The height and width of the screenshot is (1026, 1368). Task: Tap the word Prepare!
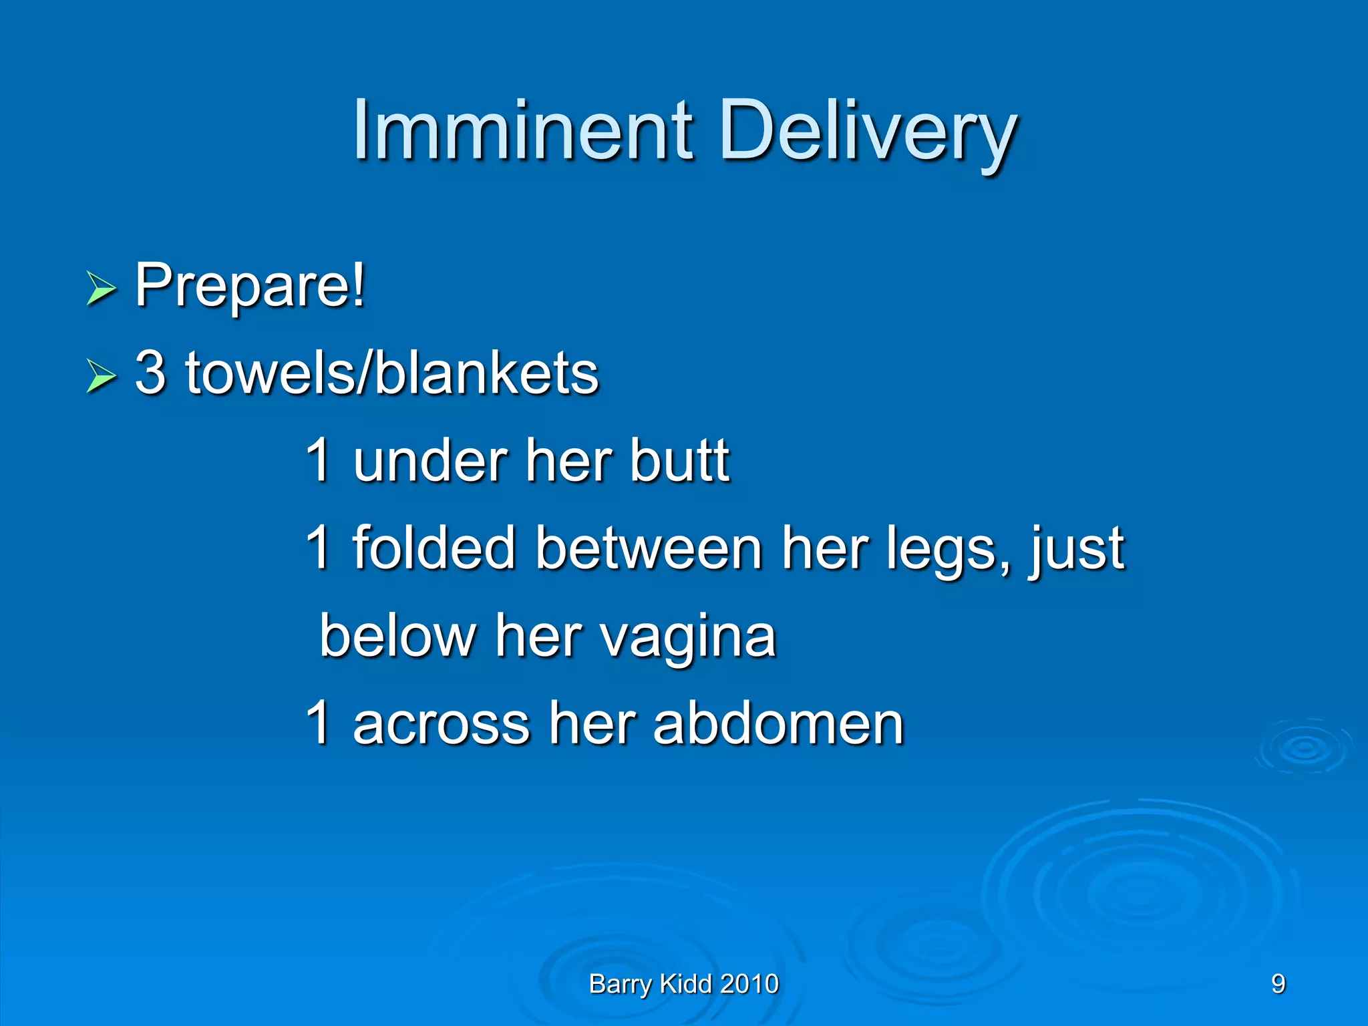pos(250,286)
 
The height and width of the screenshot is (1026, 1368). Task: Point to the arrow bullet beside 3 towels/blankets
pos(101,377)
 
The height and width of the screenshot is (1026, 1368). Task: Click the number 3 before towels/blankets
pos(150,373)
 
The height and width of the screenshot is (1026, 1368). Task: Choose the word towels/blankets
pos(392,373)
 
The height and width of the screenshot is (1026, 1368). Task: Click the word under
pos(430,461)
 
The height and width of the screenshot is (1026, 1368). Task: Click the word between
pos(649,548)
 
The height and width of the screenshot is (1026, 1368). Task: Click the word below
pos(397,636)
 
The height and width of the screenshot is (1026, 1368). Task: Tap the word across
pos(442,724)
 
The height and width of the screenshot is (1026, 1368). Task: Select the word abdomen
pos(778,724)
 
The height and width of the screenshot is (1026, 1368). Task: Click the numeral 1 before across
pos(319,723)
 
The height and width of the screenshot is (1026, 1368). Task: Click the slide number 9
pos(1278,984)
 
